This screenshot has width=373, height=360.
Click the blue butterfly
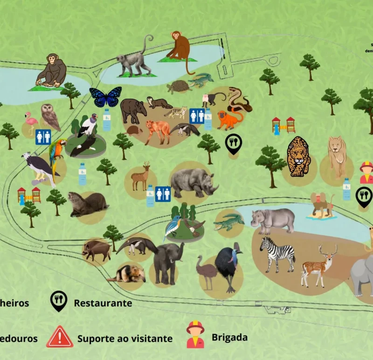[105, 97]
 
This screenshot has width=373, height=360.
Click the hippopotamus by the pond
[273, 220]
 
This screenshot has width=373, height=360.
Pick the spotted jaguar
[298, 157]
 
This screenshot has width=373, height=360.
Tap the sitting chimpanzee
[51, 71]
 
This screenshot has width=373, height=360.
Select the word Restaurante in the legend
[103, 303]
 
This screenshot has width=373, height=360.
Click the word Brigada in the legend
[229, 337]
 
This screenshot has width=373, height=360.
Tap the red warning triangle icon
[60, 337]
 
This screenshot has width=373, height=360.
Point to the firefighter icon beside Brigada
[195, 335]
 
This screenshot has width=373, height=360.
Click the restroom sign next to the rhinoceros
[163, 194]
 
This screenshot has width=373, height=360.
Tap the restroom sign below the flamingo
[43, 137]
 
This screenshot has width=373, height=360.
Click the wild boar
[97, 250]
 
